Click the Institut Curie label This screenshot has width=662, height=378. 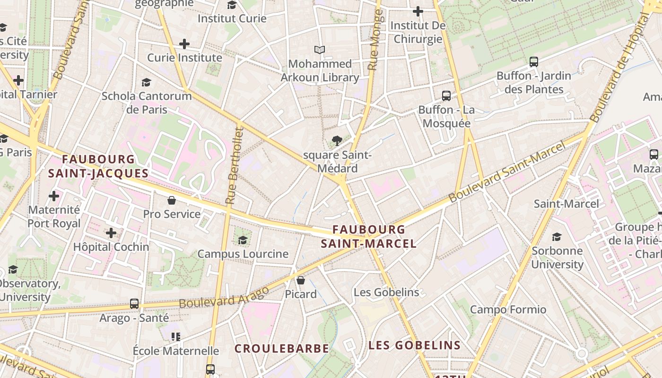[x=232, y=19]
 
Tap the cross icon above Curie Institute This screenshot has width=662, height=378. [x=184, y=44]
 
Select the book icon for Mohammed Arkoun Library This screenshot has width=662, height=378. [x=320, y=50]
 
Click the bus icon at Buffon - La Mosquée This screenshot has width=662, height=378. [x=446, y=96]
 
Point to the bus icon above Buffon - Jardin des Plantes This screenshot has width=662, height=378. [x=534, y=61]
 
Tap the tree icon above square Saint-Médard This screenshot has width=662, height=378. [x=337, y=140]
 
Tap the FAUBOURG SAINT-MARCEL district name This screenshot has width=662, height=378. [x=369, y=237]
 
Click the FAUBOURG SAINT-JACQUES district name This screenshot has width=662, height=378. [x=98, y=166]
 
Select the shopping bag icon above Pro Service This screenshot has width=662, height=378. [x=172, y=200]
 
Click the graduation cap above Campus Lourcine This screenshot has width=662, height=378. [x=243, y=240]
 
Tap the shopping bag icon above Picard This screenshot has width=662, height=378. [x=301, y=280]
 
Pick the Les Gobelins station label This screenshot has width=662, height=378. [x=386, y=292]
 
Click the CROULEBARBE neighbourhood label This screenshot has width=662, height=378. [x=282, y=349]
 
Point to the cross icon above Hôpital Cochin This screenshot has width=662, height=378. [x=111, y=233]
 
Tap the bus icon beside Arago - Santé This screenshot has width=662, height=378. [x=134, y=304]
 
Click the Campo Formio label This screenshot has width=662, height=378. [x=508, y=310]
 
